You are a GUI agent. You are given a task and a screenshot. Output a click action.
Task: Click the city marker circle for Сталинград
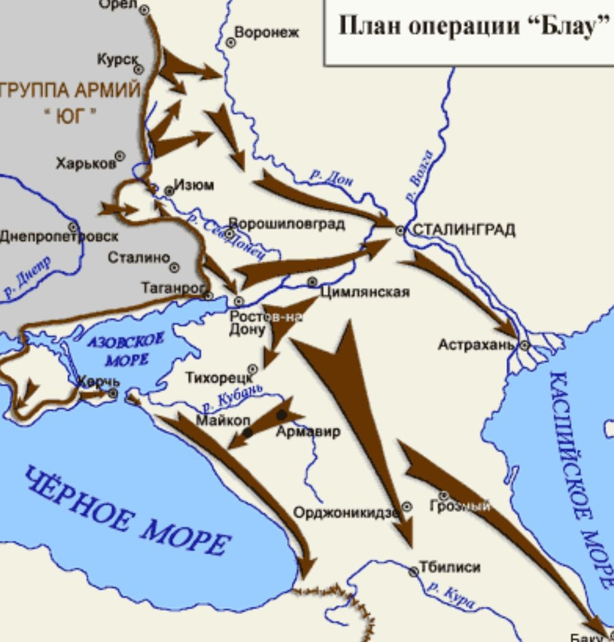(x=400, y=231)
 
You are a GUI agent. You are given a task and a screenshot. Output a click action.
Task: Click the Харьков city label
(x=85, y=163)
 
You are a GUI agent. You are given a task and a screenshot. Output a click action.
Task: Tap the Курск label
(x=117, y=59)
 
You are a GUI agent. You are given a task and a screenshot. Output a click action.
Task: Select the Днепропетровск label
(x=59, y=237)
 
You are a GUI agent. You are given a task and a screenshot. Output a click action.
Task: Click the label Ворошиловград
(x=287, y=223)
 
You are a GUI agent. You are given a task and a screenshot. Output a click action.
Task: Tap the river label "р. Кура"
(x=452, y=595)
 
